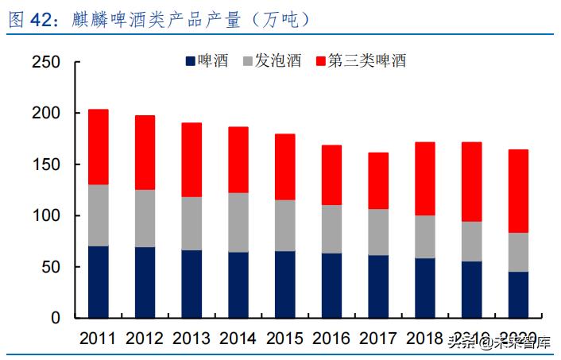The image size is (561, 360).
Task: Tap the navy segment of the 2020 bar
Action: coord(518,295)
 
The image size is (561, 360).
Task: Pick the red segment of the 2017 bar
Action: coord(378,180)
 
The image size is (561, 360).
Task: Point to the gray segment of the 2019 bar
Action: coord(472,242)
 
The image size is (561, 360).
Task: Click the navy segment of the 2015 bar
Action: coord(285,285)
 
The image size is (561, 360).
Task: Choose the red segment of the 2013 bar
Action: coord(192,160)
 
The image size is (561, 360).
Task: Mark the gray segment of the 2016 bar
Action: coord(331,229)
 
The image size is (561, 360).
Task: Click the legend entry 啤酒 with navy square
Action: coord(206,61)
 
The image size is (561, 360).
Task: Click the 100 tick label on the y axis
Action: coord(45,216)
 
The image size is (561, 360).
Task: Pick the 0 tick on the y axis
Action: coord(56,318)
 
